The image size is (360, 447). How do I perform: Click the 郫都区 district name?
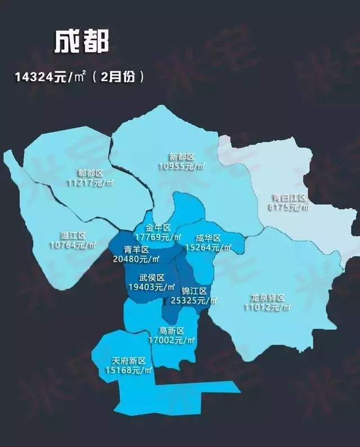[x=91, y=173]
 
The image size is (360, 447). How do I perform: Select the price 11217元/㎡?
[x=90, y=183]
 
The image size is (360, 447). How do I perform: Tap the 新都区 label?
[x=182, y=157]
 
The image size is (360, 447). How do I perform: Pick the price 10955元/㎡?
[x=181, y=167]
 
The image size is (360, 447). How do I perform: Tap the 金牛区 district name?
[x=157, y=227]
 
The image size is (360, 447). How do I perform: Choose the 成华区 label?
[x=209, y=238]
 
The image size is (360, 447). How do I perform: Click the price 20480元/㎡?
[x=136, y=259]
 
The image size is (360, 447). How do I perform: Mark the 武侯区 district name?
[x=152, y=278]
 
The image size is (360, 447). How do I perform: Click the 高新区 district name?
[x=172, y=330]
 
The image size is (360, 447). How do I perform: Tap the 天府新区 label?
[x=129, y=360]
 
